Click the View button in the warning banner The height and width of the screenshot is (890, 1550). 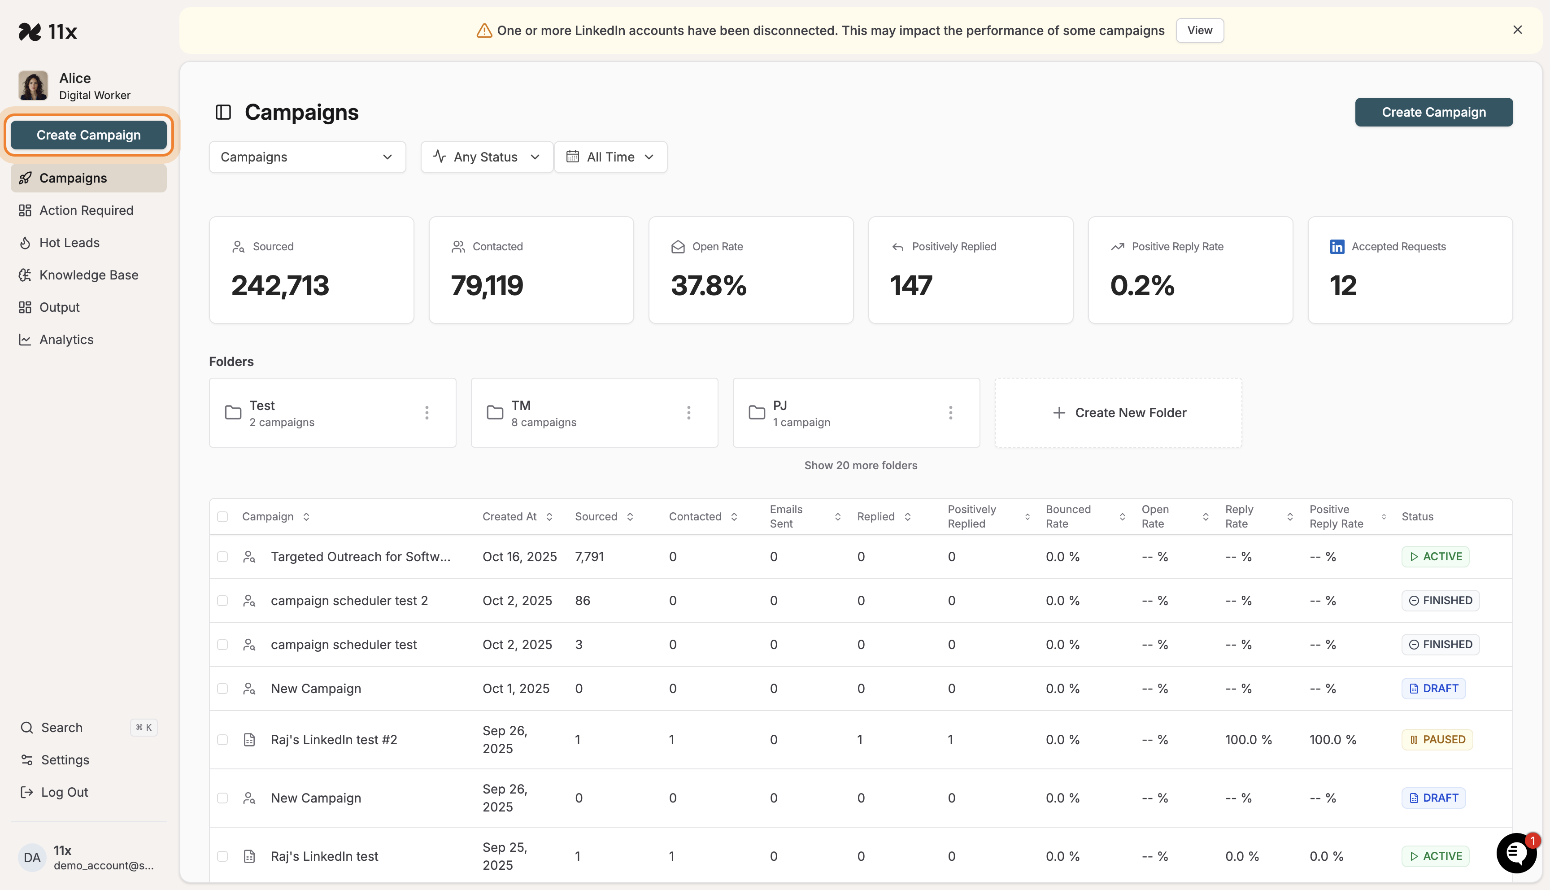tap(1199, 31)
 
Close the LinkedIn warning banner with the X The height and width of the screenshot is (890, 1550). tap(1517, 30)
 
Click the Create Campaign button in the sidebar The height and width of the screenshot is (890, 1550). tap(89, 135)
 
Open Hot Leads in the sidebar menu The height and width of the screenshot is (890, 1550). tap(69, 243)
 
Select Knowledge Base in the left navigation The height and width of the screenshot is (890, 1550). tap(89, 275)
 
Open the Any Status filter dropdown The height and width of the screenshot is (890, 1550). tap(486, 157)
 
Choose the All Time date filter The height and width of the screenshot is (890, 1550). tap(610, 157)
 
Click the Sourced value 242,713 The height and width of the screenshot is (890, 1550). tap(280, 285)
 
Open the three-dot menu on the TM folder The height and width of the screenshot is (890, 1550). tap(688, 413)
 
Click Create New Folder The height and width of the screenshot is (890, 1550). tap(1119, 413)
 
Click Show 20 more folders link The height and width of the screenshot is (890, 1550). tap(860, 465)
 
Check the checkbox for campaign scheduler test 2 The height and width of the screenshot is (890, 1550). tap(222, 601)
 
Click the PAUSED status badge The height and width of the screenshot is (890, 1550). tap(1437, 740)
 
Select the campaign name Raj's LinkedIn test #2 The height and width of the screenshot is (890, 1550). tap(334, 740)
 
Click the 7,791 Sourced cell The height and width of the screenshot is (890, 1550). tap(589, 557)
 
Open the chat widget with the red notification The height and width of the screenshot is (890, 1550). tap(1516, 853)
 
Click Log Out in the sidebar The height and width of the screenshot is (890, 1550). tap(64, 792)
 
